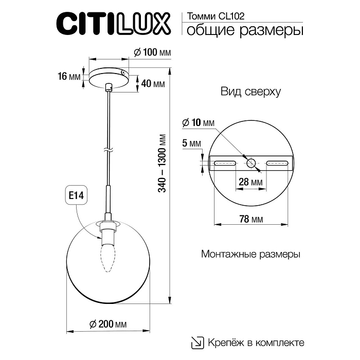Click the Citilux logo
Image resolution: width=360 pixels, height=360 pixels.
coord(112,23)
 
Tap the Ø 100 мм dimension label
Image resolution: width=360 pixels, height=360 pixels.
coord(152,52)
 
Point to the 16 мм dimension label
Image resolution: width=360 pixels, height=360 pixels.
coord(69,77)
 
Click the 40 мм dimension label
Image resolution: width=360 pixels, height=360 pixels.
coord(152,84)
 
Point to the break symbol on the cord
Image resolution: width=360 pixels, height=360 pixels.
coord(107,150)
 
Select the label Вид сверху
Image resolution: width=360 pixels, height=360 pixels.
coord(250,92)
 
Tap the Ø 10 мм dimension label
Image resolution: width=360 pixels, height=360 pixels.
coord(197,123)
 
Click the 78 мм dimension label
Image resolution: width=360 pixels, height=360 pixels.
coord(251,219)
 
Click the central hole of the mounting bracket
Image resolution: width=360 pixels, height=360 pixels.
coord(251,163)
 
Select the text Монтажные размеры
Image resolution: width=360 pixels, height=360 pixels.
coord(250,254)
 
